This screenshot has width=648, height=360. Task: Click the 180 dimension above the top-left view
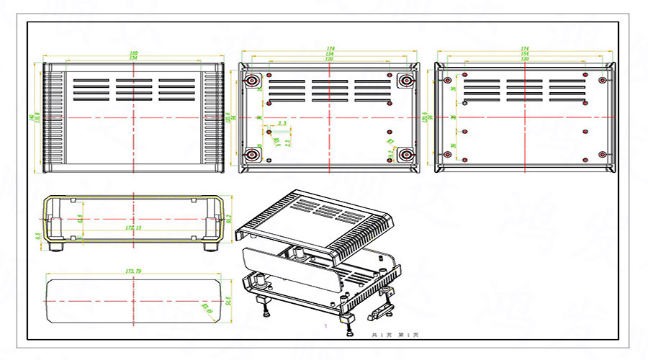pos(134,53)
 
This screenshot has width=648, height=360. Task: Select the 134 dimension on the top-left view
pos(134,58)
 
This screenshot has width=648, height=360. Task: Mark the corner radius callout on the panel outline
pos(210,309)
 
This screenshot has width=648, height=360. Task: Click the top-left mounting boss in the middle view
pos(253,81)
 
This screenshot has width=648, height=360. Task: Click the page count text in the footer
pos(395,335)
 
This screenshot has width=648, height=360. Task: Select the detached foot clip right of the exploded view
pos(382,310)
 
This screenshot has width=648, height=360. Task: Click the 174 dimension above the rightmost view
pos(525,49)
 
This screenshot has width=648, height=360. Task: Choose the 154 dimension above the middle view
pos(328,54)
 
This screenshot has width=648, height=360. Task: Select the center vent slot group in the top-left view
pos(134,90)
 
